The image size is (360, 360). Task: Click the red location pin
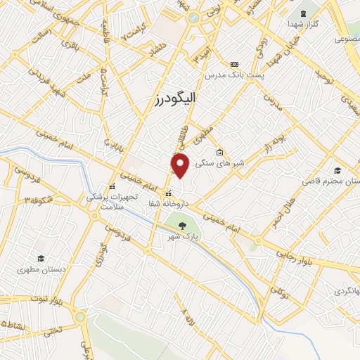[x=181, y=166]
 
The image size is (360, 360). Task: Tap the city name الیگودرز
[x=184, y=99]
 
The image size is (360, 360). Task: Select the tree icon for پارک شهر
[x=183, y=226]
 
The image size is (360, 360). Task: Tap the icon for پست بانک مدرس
[x=234, y=64]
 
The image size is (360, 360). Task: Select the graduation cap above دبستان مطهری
[x=40, y=259]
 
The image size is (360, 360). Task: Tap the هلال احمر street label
[x=282, y=210]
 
